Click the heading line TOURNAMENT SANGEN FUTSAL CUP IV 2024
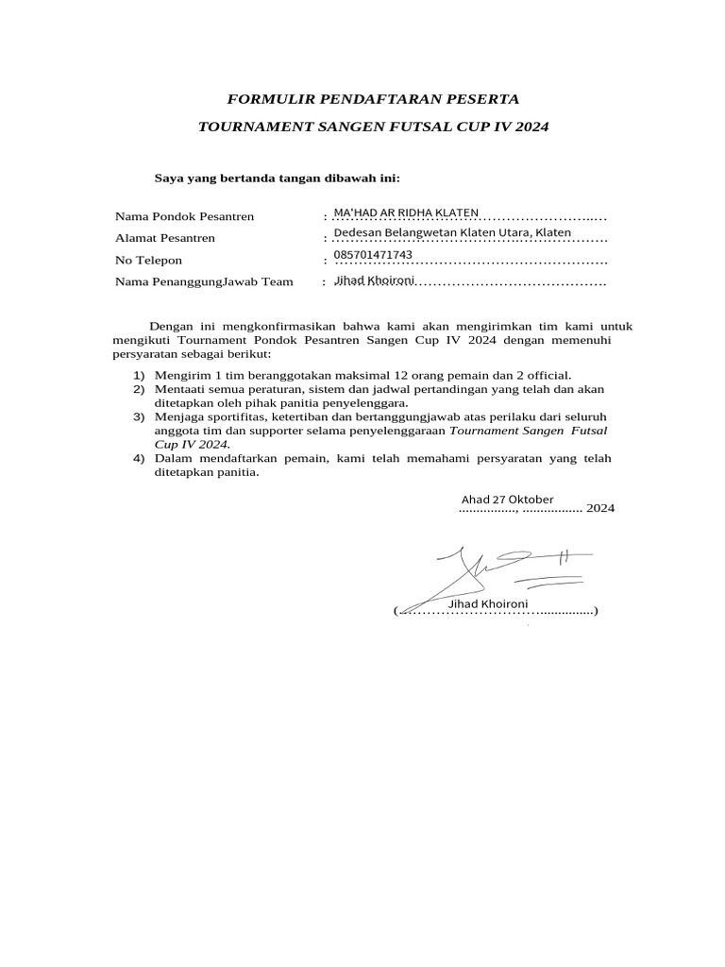coord(373,126)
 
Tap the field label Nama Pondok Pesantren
coord(184,217)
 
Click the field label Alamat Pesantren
coord(164,238)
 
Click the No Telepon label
coord(148,261)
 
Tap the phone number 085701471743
coord(373,255)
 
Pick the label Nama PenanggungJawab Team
coord(204,282)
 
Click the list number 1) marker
coord(139,375)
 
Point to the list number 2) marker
coord(139,389)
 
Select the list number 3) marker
coord(139,416)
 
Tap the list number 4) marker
coord(139,459)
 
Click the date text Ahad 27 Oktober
coord(507,499)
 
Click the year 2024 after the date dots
coord(600,508)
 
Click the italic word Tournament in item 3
coord(481,430)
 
